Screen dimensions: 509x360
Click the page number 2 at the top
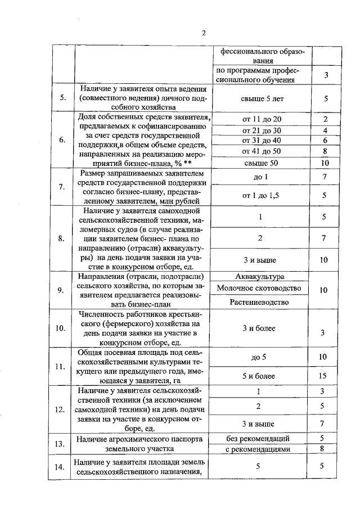204,33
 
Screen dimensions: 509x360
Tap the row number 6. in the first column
61,140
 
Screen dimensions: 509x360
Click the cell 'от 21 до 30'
261,130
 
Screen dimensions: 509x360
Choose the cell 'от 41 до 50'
261,151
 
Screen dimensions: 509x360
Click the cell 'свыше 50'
261,163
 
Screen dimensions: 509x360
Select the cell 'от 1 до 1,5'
261,195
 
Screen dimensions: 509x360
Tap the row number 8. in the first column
61,238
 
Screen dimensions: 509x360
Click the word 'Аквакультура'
261,276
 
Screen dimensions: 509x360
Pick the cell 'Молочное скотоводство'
261,289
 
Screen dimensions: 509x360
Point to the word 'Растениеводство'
261,302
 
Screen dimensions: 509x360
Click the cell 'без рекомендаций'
261,438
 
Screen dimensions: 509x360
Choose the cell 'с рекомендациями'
261,449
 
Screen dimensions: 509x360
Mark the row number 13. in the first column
61,444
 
